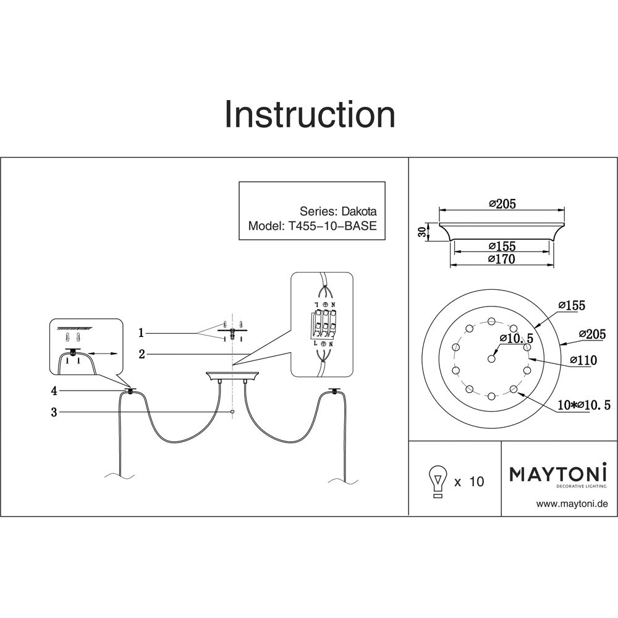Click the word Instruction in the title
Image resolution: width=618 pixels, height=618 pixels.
[309, 115]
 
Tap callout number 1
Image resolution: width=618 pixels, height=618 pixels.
[141, 333]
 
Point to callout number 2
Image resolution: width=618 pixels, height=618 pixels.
[142, 354]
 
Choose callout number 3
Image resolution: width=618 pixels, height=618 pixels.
[54, 412]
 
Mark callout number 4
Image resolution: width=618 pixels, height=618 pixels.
[54, 391]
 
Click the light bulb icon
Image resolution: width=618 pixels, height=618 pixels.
[438, 480]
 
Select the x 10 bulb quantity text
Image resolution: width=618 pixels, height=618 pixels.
[469, 481]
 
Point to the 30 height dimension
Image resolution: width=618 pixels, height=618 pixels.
[422, 232]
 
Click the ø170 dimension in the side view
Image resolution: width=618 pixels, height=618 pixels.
[501, 260]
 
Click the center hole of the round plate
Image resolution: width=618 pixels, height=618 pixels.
[492, 358]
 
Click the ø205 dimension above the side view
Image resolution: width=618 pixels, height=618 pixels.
[501, 204]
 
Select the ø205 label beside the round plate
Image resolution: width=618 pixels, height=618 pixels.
[592, 334]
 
